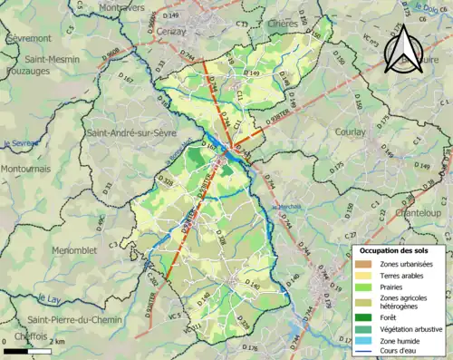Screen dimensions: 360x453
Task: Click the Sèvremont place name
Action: point(28,40)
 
